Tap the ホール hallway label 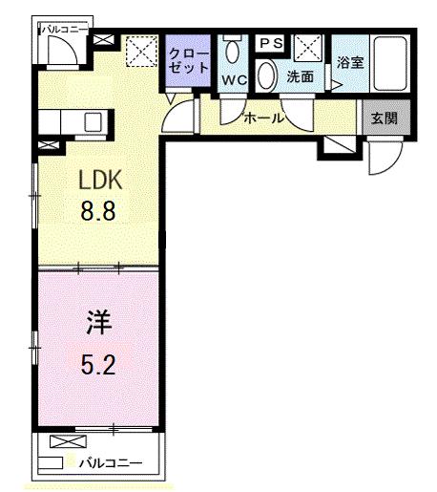(263, 118)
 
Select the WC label (235, 79)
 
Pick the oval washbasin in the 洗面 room (268, 75)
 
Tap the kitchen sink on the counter (94, 123)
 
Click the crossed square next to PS (308, 47)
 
